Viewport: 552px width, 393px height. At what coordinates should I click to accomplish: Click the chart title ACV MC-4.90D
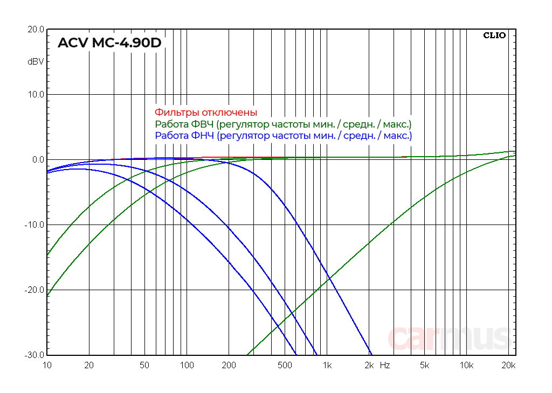point(109,43)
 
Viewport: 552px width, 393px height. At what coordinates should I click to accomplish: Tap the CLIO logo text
point(494,36)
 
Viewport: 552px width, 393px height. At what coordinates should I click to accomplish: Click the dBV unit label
point(36,62)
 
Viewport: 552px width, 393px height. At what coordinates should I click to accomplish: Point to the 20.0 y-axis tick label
point(36,30)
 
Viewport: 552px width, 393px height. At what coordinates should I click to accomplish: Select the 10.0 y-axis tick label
point(36,95)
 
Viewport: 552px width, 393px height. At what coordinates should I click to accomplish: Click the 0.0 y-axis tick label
point(38,160)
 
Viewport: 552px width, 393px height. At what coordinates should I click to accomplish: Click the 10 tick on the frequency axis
point(47,366)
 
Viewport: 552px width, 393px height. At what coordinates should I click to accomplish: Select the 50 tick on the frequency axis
point(144,366)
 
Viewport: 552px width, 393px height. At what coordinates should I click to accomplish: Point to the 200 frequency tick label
point(229,366)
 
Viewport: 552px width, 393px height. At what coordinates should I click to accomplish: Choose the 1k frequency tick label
point(327,366)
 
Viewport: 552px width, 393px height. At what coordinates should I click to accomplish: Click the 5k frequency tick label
point(425,366)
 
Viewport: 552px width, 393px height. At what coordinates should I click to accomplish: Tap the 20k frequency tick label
point(509,366)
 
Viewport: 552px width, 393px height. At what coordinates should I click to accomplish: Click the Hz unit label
point(385,366)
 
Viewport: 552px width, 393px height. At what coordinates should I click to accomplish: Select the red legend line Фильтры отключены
point(206,113)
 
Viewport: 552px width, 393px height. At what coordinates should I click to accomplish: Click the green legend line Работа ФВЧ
point(283,124)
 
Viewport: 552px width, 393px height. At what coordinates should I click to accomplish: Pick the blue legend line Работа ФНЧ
point(283,136)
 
